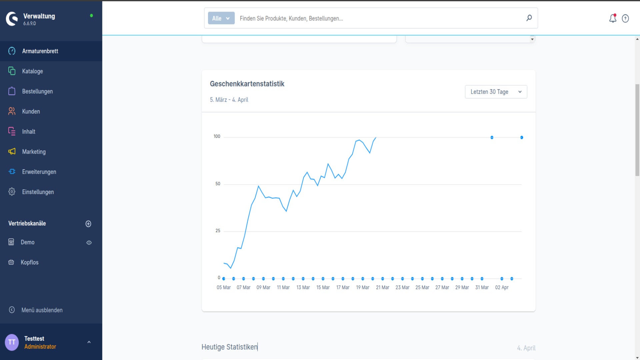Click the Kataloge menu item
(32, 71)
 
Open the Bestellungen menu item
(37, 91)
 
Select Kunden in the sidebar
(31, 111)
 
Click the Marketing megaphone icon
(12, 151)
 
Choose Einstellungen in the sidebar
(38, 192)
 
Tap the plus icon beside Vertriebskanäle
(88, 224)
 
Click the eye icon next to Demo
(89, 243)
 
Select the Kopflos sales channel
(29, 262)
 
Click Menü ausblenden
(42, 310)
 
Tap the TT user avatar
(12, 342)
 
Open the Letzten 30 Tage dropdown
(496, 92)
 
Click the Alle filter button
(221, 18)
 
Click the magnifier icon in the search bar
(529, 18)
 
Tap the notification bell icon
(613, 18)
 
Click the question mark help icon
(625, 19)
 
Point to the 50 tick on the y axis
(218, 184)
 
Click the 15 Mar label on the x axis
(323, 287)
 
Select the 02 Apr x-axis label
(502, 287)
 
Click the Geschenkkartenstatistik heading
(247, 84)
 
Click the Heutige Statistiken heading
(229, 347)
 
